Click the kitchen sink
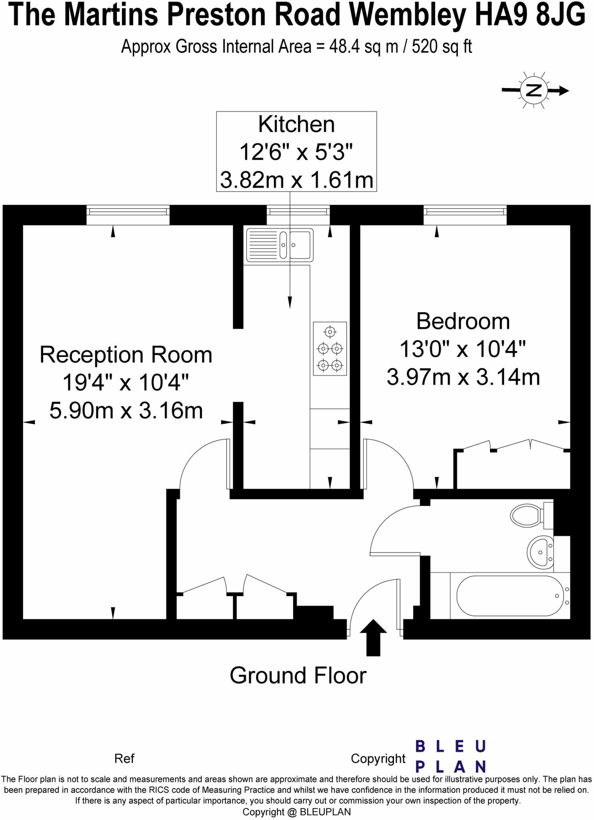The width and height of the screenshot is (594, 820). pyautogui.click(x=280, y=244)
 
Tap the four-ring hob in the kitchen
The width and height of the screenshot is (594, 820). pyautogui.click(x=330, y=349)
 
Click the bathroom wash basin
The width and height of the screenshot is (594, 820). pyautogui.click(x=540, y=552)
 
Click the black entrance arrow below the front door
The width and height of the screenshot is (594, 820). pyautogui.click(x=373, y=637)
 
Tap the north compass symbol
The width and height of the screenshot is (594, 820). pyautogui.click(x=534, y=90)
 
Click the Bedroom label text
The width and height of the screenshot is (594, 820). pyautogui.click(x=463, y=321)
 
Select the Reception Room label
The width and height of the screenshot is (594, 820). pyautogui.click(x=126, y=355)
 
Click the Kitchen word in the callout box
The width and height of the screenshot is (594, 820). pyautogui.click(x=296, y=124)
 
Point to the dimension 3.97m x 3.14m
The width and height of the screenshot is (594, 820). pyautogui.click(x=463, y=377)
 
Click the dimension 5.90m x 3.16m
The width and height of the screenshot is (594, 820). pyautogui.click(x=126, y=411)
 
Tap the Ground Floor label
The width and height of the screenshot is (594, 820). pyautogui.click(x=298, y=675)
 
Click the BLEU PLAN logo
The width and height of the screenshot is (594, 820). pyautogui.click(x=450, y=756)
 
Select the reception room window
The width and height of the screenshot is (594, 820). pyautogui.click(x=128, y=215)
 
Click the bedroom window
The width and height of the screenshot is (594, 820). pyautogui.click(x=465, y=215)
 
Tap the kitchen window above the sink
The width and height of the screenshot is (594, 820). pyautogui.click(x=298, y=215)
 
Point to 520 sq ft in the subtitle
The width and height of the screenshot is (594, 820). pyautogui.click(x=442, y=47)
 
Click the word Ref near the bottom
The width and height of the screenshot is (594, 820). pyautogui.click(x=124, y=758)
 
